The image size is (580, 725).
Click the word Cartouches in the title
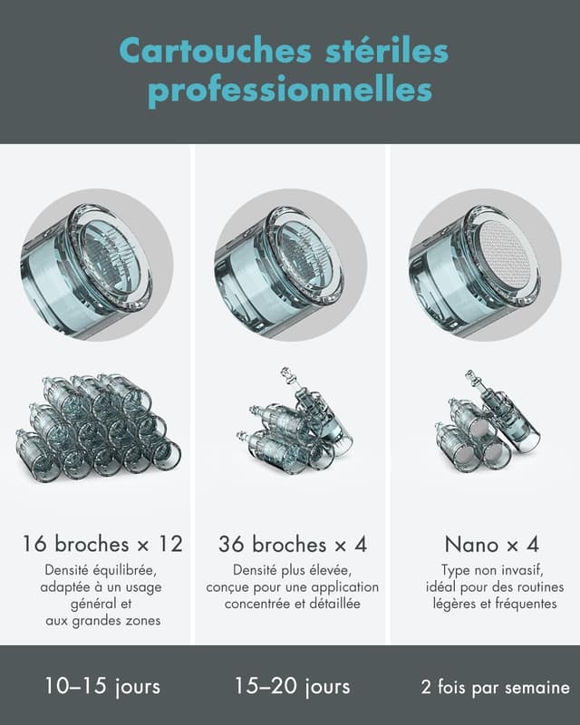pyautogui.click(x=216, y=51)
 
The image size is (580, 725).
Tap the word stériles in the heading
pyautogui.click(x=387, y=51)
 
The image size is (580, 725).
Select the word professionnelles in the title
pyautogui.click(x=290, y=90)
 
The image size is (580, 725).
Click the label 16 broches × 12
pyautogui.click(x=102, y=544)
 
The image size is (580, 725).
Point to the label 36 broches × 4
pyautogui.click(x=293, y=544)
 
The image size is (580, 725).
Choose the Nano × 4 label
pyautogui.click(x=492, y=545)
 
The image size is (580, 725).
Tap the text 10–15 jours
pyautogui.click(x=102, y=686)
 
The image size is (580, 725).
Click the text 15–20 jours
pyautogui.click(x=293, y=686)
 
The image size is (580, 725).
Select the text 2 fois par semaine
pyautogui.click(x=495, y=687)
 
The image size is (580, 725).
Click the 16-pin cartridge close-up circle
pyautogui.click(x=97, y=265)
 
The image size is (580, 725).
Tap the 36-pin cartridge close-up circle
pyautogui.click(x=291, y=265)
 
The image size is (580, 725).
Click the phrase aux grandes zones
pyautogui.click(x=103, y=621)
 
